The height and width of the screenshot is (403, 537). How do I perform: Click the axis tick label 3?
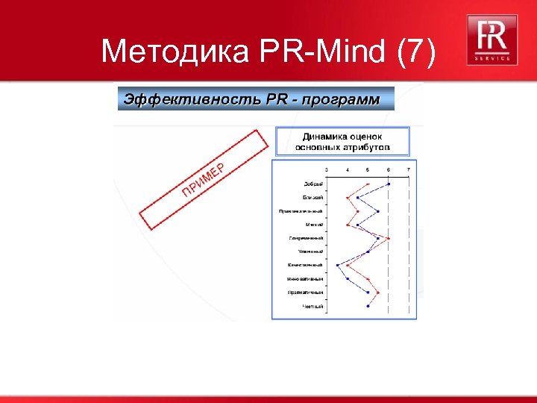(327, 170)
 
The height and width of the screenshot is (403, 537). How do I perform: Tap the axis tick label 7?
(408, 170)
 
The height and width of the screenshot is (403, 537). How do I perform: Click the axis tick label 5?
(368, 170)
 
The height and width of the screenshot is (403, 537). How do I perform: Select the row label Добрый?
(313, 184)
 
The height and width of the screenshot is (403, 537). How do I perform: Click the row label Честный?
(313, 305)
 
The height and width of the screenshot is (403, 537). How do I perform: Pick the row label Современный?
(306, 238)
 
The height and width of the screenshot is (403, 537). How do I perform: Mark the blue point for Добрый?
(388, 184)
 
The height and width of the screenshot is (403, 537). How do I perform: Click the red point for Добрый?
(368, 184)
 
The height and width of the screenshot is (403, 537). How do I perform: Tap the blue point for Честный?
(368, 305)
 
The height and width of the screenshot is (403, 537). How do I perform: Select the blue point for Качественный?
(338, 265)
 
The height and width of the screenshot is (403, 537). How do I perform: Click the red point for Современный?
(388, 238)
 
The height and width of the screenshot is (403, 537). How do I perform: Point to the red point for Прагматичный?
(378, 292)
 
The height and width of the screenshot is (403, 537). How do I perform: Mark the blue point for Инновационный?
(348, 278)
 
